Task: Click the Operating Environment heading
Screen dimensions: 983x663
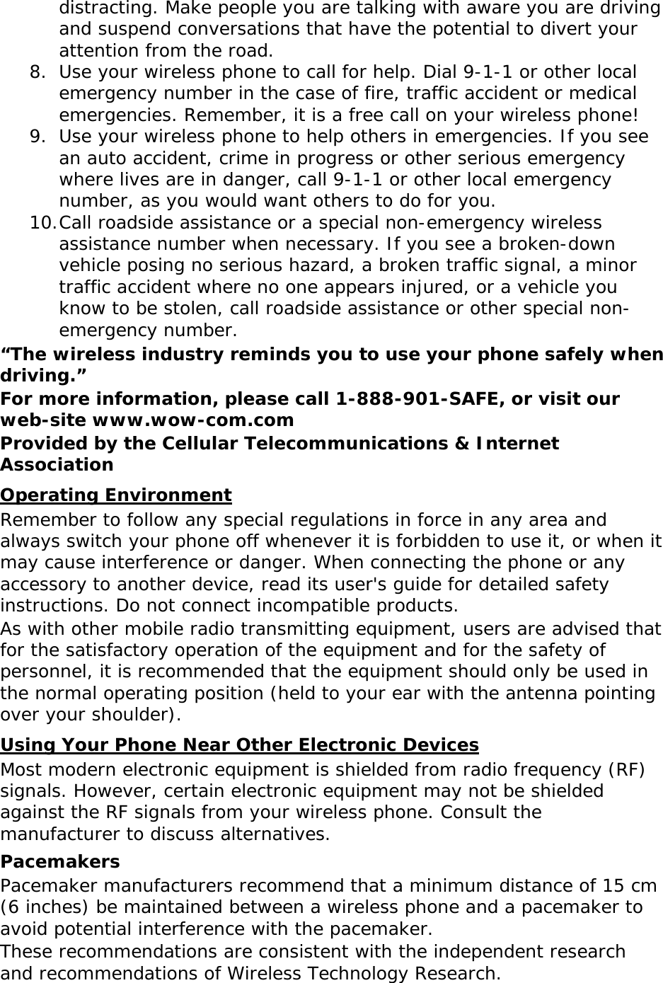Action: click(x=116, y=495)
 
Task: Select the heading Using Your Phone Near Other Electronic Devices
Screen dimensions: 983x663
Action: click(x=240, y=745)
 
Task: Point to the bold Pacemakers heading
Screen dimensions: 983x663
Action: click(x=60, y=862)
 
